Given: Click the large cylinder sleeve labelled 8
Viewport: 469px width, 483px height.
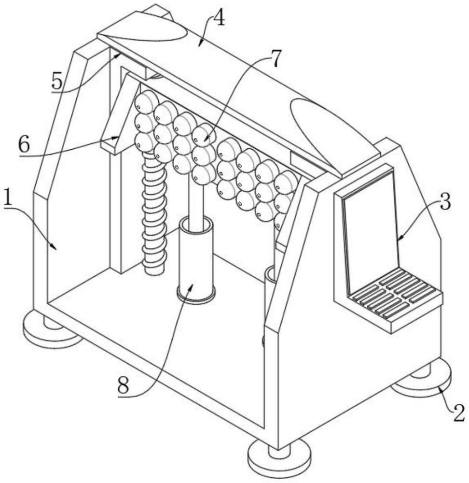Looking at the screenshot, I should tap(196, 261).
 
